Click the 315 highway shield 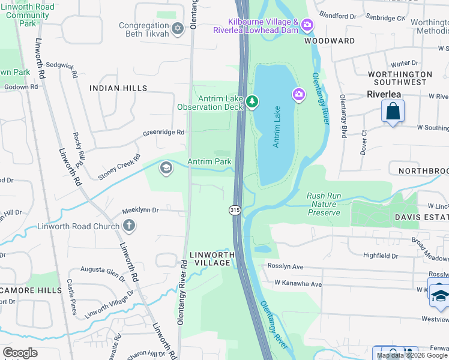[234, 209]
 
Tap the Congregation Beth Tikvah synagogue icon [177, 28]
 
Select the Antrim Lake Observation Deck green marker [253, 103]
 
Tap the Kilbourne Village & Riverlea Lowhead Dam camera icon [307, 25]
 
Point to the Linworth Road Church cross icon [128, 226]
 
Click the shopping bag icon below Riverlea [393, 112]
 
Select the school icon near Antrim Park [165, 168]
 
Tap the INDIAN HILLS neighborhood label [118, 88]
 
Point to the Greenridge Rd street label [163, 133]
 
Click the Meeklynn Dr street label [140, 211]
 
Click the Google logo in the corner [20, 353]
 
